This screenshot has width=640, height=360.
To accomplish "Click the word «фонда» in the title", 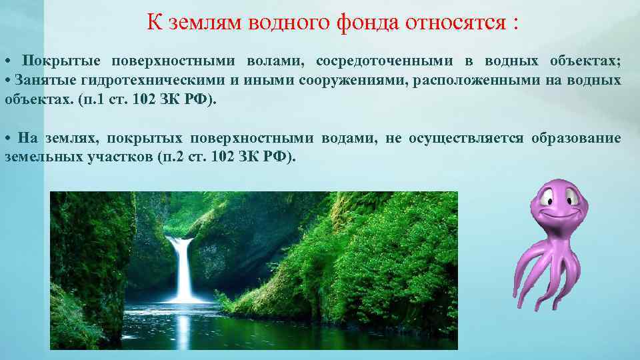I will (x=360, y=24).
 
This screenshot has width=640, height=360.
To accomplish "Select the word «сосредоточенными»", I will (x=385, y=61).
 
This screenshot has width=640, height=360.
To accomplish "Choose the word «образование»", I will (x=576, y=139).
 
